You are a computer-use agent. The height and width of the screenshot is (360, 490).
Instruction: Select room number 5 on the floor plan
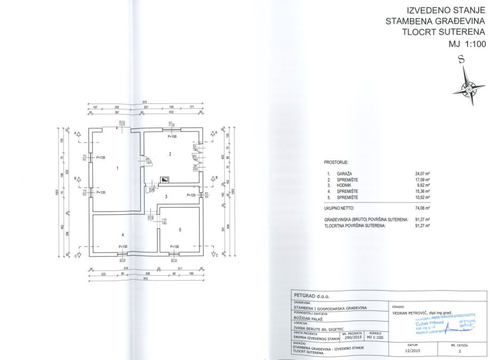click(x=180, y=230)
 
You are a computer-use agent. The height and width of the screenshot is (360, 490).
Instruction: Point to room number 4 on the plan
click(x=122, y=234)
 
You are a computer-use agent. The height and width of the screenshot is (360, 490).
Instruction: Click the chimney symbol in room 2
click(x=165, y=180)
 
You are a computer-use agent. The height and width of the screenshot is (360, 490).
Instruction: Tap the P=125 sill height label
click(x=191, y=196)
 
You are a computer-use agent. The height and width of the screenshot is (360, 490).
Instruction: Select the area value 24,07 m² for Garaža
click(x=422, y=174)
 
